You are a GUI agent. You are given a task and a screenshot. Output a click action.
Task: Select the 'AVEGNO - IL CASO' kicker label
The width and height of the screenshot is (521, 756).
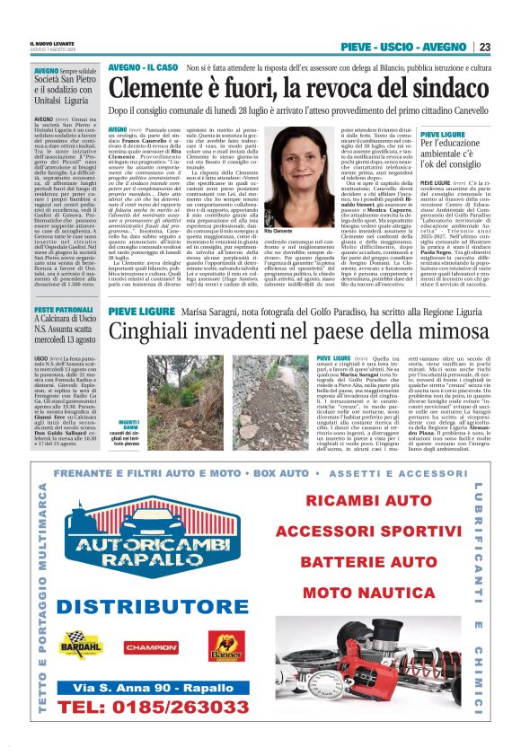tap(142, 66)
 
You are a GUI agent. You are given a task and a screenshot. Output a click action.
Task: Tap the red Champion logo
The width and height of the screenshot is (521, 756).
tap(150, 646)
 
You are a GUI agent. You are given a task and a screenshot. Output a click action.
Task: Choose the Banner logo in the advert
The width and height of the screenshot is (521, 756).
tap(225, 646)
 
